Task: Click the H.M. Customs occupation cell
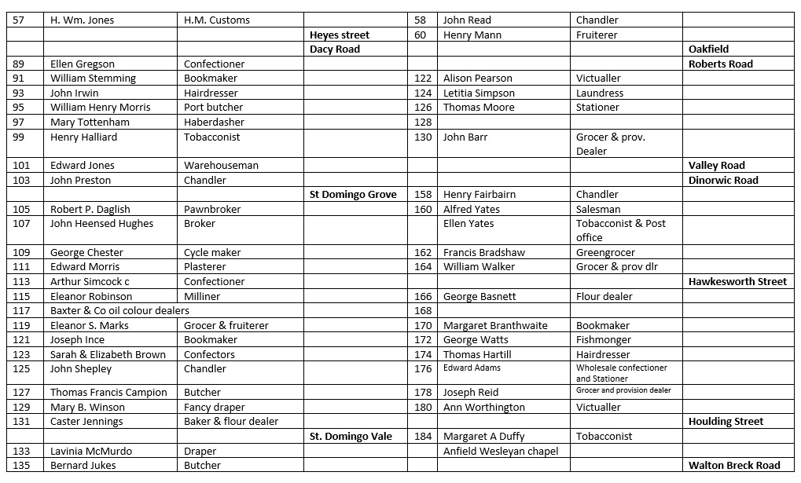pos(217,20)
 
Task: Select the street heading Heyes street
pos(339,35)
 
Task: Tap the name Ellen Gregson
pos(83,64)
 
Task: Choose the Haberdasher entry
pos(211,122)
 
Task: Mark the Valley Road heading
pos(716,166)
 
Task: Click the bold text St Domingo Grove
pos(353,194)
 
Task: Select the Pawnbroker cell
pos(212,209)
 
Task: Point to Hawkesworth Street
pos(737,281)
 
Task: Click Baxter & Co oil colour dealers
pos(119,310)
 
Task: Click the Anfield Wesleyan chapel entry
pos(501,451)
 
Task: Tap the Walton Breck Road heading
pos(733,465)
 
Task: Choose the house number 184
pos(423,436)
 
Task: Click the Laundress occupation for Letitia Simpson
pos(600,93)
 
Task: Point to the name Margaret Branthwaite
pos(495,325)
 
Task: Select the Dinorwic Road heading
pos(723,180)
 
